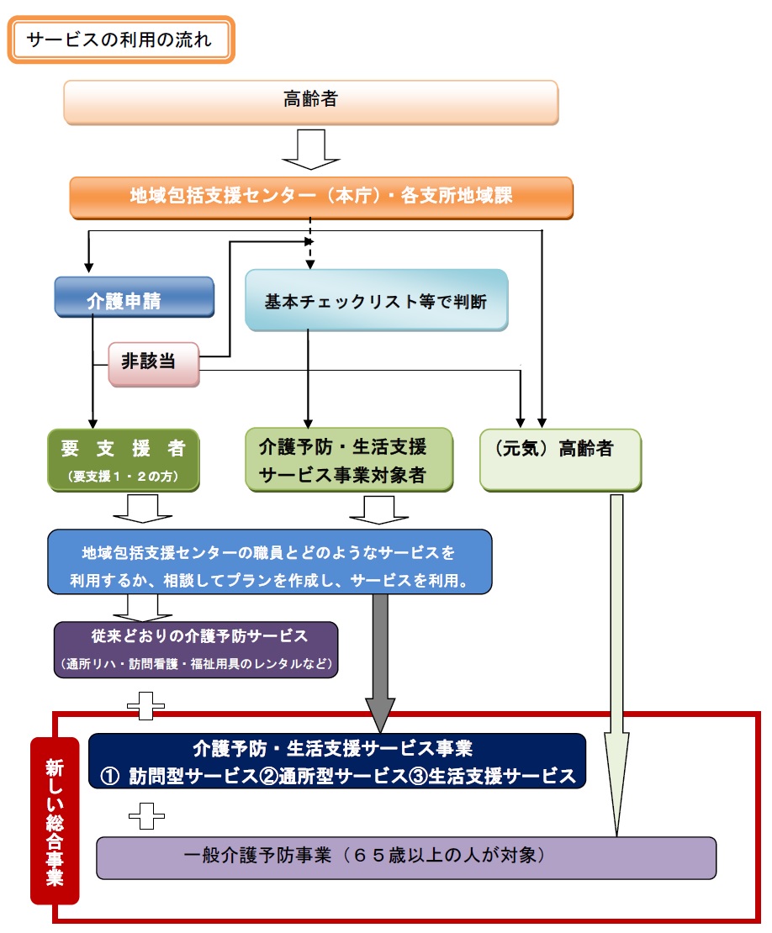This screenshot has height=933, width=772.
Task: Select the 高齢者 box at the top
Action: pyautogui.click(x=310, y=102)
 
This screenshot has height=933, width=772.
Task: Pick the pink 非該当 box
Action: pyautogui.click(x=154, y=364)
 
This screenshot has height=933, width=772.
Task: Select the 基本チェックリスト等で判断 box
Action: pyautogui.click(x=376, y=300)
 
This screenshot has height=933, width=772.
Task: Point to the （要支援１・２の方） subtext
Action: pyautogui.click(x=123, y=477)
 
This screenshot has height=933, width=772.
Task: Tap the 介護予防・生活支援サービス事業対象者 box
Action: pyautogui.click(x=348, y=459)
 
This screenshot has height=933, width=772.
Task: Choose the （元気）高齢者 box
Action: pyautogui.click(x=560, y=459)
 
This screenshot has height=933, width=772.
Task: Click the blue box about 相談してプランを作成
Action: pyautogui.click(x=269, y=562)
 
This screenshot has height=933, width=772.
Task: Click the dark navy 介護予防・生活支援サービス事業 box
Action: pyautogui.click(x=336, y=761)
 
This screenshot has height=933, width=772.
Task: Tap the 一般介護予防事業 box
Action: pyautogui.click(x=405, y=857)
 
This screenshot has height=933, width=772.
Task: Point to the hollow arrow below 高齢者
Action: pyautogui.click(x=310, y=149)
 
